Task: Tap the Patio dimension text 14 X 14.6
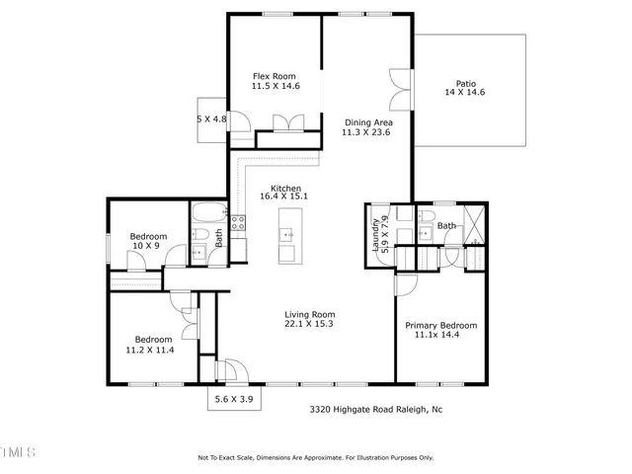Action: click(x=464, y=92)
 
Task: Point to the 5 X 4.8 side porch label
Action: click(x=211, y=119)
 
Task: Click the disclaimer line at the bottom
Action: click(x=316, y=457)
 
